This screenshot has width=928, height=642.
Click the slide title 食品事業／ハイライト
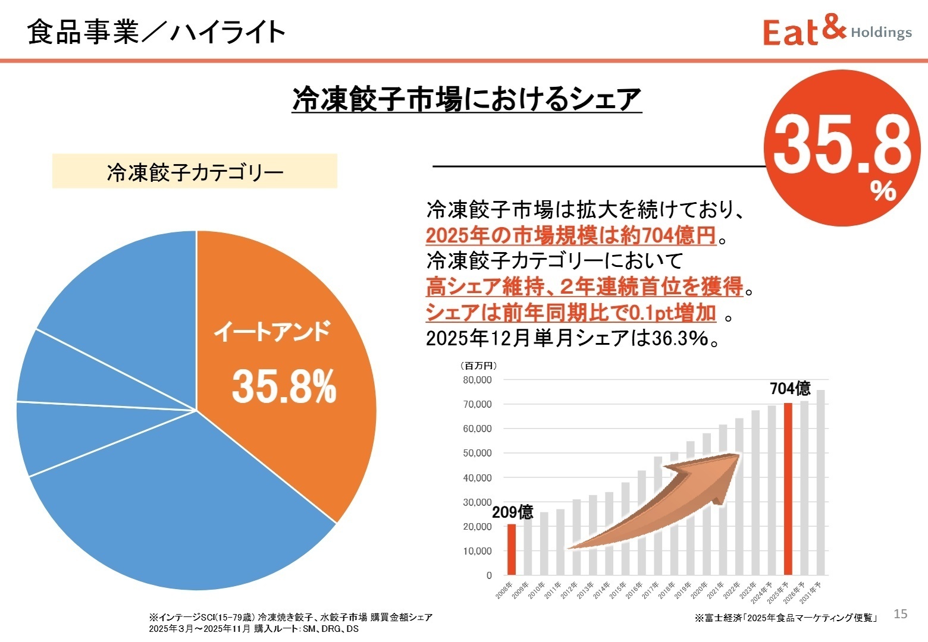156,32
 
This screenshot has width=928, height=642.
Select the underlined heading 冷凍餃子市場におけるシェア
466,99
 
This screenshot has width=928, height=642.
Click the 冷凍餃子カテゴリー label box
195,172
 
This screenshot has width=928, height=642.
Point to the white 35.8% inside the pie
284,386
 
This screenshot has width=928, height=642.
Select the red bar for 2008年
511,549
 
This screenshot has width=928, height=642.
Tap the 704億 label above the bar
790,389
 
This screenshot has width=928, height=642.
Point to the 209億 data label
512,512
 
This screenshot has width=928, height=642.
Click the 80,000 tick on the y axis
477,380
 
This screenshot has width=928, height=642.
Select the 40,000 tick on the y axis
477,477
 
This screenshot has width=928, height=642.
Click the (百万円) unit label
478,366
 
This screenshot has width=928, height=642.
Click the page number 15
901,614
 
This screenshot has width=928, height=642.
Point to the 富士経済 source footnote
786,618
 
